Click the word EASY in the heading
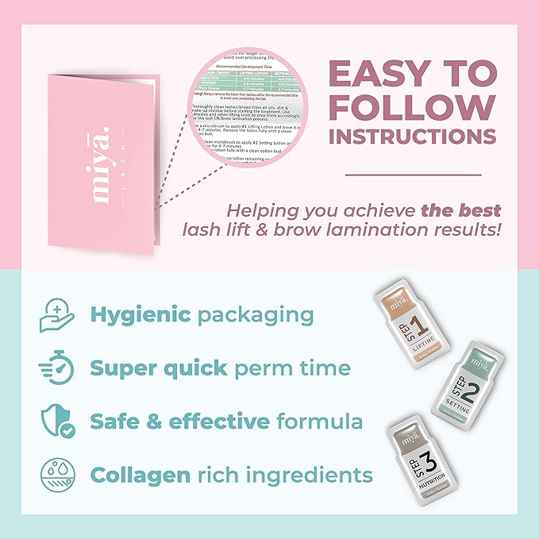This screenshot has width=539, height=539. pyautogui.click(x=376, y=75)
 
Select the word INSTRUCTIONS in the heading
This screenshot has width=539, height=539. pyautogui.click(x=413, y=136)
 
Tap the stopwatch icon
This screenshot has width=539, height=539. pyautogui.click(x=56, y=368)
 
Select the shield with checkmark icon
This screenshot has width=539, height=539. pyautogui.click(x=56, y=422)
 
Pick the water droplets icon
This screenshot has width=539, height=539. pyautogui.click(x=56, y=475)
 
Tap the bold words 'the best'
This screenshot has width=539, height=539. pyautogui.click(x=461, y=210)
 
